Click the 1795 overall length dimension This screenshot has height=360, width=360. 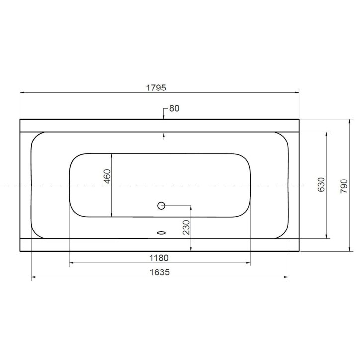[x=156, y=87]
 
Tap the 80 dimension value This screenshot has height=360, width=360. [x=174, y=108]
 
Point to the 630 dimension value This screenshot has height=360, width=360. [x=321, y=184]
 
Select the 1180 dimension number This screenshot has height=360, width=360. [x=159, y=258]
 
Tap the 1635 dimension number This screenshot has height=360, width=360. [x=159, y=272]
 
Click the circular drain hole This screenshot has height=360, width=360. [x=161, y=205]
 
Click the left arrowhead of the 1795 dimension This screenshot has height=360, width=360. [x=22, y=92]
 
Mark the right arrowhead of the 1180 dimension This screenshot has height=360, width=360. [x=248, y=263]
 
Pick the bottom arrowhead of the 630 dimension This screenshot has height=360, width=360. [x=326, y=235]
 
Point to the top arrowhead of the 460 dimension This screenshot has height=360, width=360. [x=112, y=155]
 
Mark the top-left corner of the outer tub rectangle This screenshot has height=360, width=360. [x=20, y=119]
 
